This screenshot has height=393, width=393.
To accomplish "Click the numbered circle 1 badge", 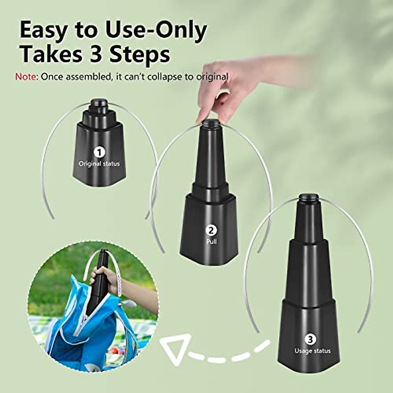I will [x=99, y=152].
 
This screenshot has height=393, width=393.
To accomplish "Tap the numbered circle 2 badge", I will [x=212, y=230].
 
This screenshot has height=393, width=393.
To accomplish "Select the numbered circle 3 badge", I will [x=311, y=339].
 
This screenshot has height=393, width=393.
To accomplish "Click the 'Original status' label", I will [x=99, y=163].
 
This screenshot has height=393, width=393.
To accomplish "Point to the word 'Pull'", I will [x=212, y=242].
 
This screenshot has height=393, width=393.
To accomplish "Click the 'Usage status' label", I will [x=312, y=351].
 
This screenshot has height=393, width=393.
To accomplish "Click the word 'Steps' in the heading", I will [x=140, y=55].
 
